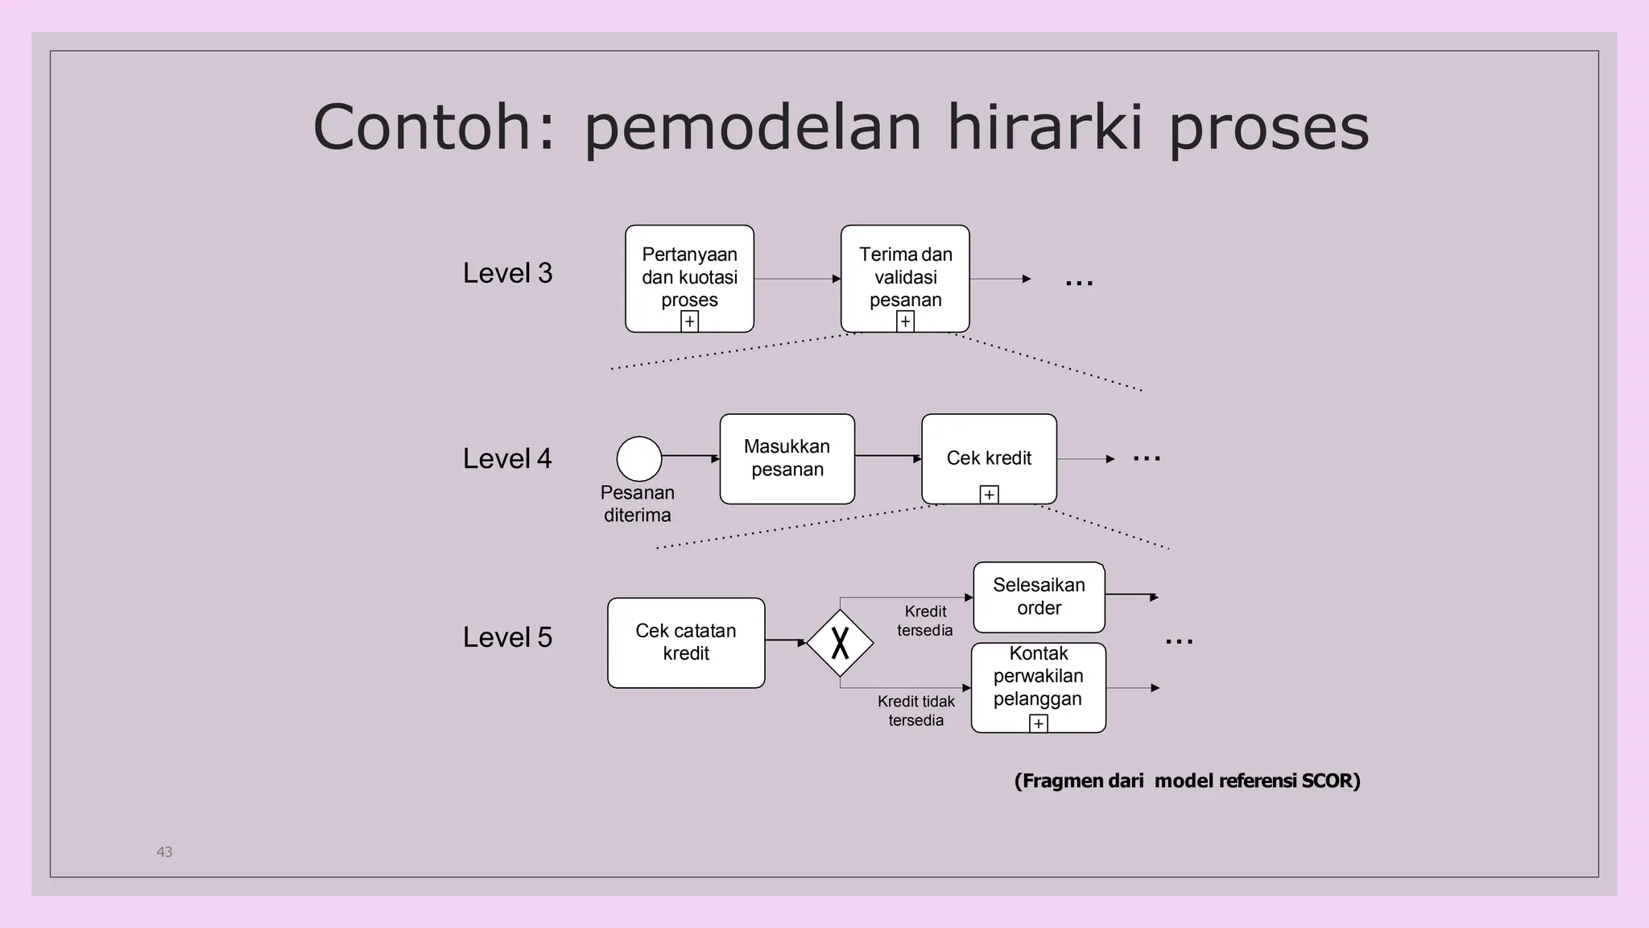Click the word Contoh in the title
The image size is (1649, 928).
pos(422,127)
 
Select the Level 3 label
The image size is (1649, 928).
pos(507,273)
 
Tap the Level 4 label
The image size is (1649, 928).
pos(507,458)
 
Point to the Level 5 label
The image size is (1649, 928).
pos(507,637)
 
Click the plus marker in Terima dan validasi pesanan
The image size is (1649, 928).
pos(905,321)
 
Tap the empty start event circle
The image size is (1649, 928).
pos(639,459)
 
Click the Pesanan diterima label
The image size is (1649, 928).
pos(637,503)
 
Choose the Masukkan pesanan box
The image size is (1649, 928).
pos(787,458)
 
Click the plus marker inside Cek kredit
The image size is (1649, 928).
pos(990,495)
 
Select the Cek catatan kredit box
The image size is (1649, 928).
pos(686,642)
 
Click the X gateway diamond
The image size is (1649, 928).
pos(840,643)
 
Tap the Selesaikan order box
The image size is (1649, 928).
pos(1039,597)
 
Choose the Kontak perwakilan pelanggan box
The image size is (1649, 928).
pos(1038,681)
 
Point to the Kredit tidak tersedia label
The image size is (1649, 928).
pos(916,710)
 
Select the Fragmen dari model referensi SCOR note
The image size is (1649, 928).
pos(1187,781)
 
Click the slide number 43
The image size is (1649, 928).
pos(164,851)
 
